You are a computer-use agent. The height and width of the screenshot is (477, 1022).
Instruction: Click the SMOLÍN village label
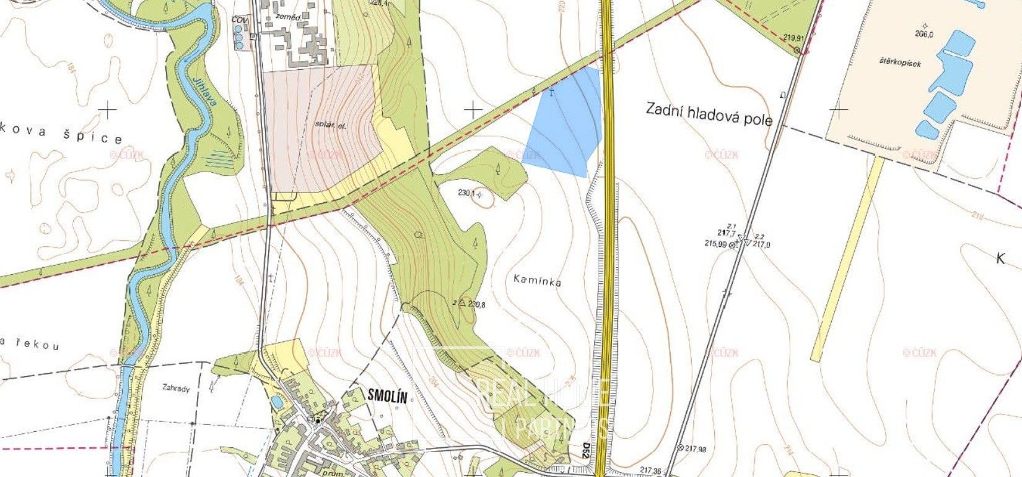tap(387, 397)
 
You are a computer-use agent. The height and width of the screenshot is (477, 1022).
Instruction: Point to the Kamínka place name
tap(537, 280)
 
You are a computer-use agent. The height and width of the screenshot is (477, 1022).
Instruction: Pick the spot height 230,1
tap(466, 193)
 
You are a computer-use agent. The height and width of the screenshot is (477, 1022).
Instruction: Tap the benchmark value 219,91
tap(797, 38)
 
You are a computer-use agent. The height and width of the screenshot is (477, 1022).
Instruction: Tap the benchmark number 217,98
tap(696, 449)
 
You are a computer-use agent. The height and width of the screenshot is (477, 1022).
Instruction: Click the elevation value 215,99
tap(715, 244)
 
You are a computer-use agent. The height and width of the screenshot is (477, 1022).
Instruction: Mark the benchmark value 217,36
tap(650, 471)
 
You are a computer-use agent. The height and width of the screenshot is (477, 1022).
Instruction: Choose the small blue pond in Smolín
tap(276, 403)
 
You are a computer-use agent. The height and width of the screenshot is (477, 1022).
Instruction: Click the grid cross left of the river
tap(108, 111)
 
